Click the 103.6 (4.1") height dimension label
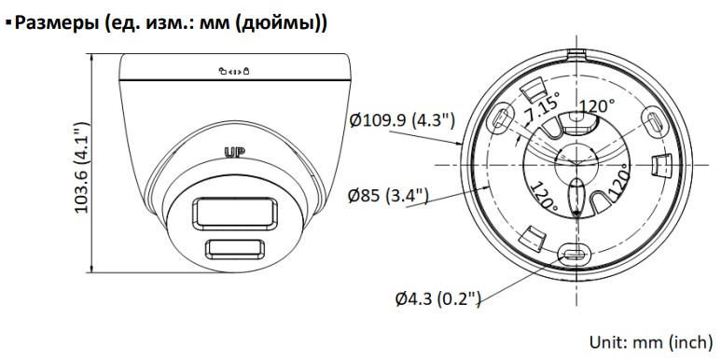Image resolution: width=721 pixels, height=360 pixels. (x=81, y=167)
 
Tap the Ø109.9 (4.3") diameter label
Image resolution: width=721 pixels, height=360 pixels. (x=402, y=120)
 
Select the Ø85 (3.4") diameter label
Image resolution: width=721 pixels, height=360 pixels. (x=388, y=196)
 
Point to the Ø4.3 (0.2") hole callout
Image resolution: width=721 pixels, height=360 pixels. (x=438, y=298)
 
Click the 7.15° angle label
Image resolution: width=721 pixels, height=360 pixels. (x=544, y=106)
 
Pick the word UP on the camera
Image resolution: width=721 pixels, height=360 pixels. (x=234, y=152)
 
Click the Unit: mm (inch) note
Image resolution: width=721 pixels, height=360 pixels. (x=651, y=342)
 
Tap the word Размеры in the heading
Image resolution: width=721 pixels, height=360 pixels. (x=56, y=23)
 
